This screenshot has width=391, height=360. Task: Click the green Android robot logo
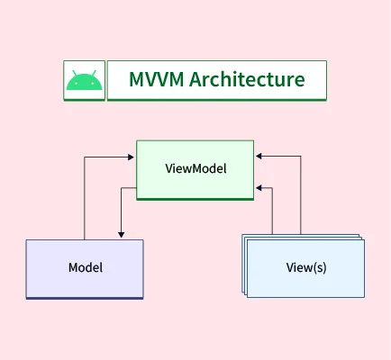point(84,81)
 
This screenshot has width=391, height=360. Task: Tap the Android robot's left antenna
point(76,71)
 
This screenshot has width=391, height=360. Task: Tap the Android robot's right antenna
point(93,71)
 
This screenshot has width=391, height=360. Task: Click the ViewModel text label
point(195,168)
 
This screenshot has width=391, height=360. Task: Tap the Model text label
point(85,267)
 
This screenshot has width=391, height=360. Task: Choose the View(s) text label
point(306,267)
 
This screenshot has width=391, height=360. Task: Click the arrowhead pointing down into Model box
point(121,236)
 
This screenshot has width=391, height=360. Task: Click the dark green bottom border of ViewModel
point(195,198)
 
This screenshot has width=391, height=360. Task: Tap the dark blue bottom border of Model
point(85,296)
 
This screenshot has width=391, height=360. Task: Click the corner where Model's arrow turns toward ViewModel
point(85,157)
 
